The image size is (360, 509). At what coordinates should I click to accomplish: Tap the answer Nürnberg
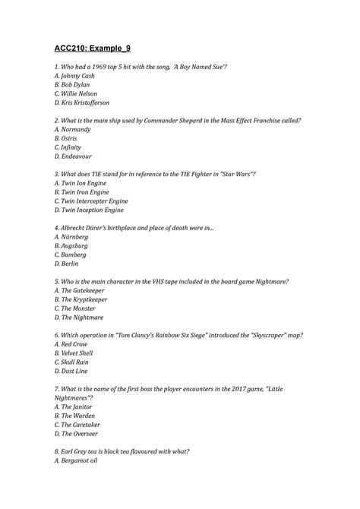coord(76,236)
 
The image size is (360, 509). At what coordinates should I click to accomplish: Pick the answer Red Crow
coord(74,343)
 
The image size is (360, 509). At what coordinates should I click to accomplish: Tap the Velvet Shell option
coord(78,353)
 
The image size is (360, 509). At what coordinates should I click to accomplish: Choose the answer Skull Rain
coord(76,362)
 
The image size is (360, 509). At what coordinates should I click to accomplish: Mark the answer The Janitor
coord(78,406)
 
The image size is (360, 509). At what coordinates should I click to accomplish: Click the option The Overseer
coord(81,433)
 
